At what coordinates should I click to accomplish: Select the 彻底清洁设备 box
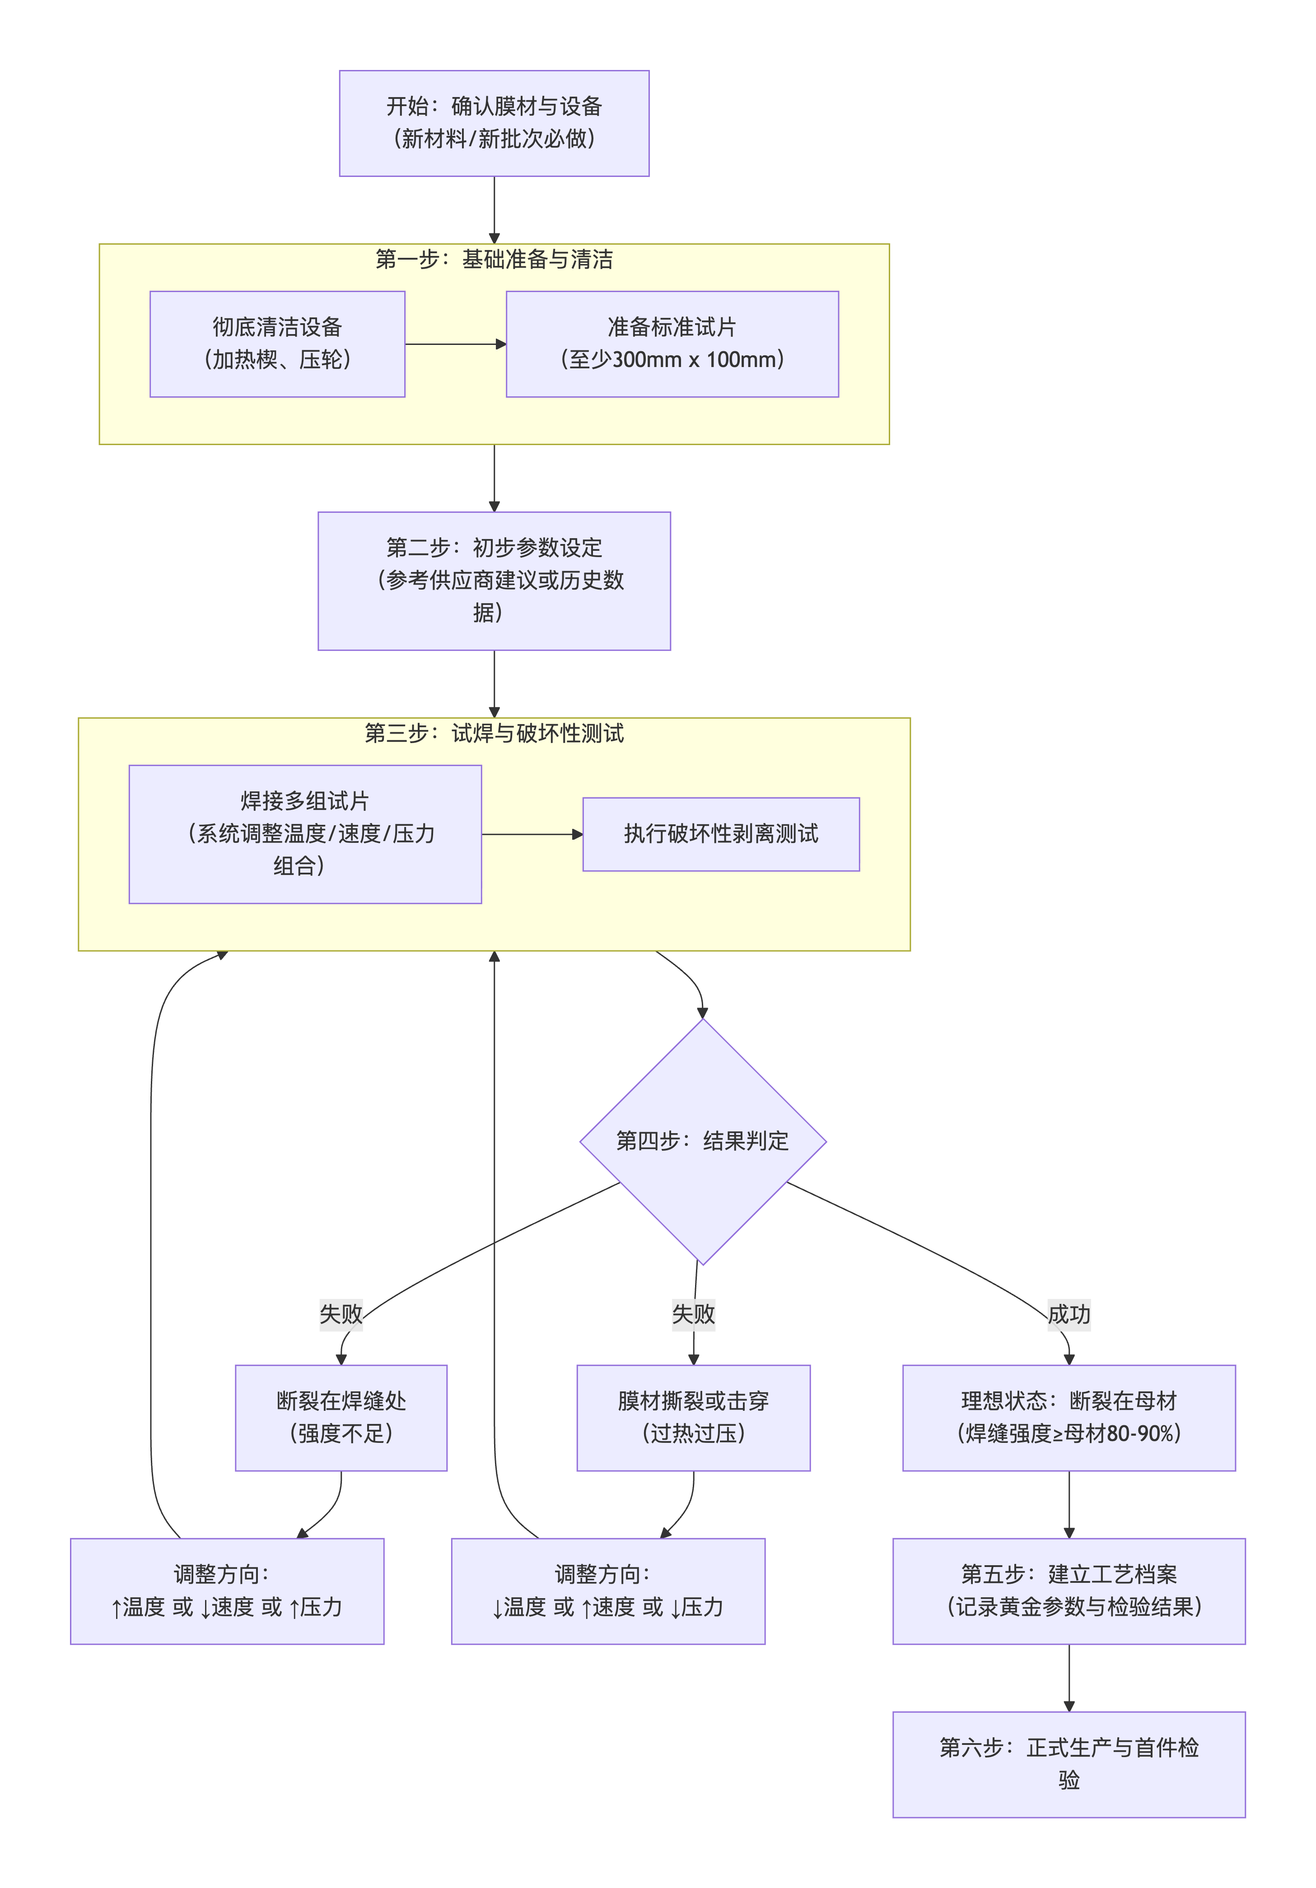(x=277, y=344)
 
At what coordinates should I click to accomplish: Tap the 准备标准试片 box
(x=672, y=344)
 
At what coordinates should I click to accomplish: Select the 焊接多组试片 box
(x=305, y=834)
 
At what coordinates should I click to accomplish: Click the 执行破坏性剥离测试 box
(x=720, y=834)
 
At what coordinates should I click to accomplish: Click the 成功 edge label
(x=1069, y=1314)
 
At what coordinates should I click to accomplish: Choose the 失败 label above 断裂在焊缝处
(x=341, y=1314)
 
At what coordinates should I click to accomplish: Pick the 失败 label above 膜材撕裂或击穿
(x=693, y=1314)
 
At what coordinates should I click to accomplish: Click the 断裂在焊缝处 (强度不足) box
(x=341, y=1418)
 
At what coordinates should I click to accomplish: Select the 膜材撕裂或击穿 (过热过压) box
(x=693, y=1418)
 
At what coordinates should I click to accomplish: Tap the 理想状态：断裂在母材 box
(x=1069, y=1418)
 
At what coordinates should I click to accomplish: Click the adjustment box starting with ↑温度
(x=227, y=1591)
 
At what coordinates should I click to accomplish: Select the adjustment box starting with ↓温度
(x=608, y=1591)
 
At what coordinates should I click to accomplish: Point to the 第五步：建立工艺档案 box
(x=1069, y=1591)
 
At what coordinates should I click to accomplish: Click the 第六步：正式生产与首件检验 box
(x=1069, y=1765)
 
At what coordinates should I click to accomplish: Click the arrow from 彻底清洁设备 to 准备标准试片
(x=455, y=344)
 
